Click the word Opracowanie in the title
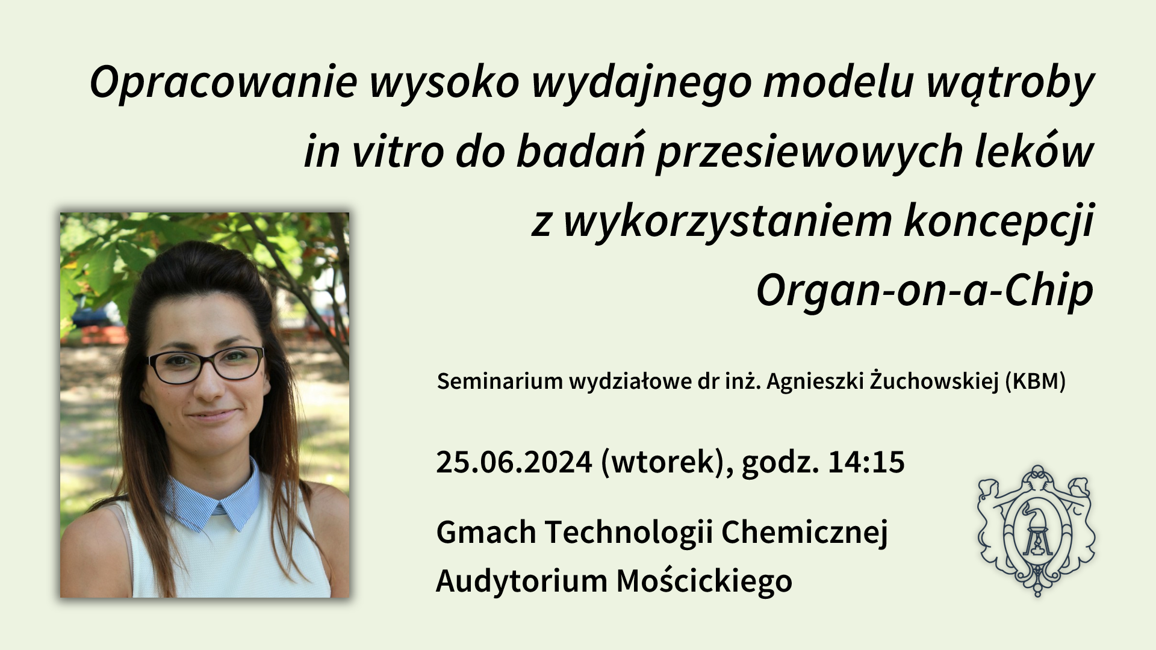pos(223,83)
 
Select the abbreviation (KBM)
pos(1036,382)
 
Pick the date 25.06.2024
pos(514,462)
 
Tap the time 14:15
pos(866,462)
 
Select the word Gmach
pos(486,532)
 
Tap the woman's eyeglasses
pos(206,365)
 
